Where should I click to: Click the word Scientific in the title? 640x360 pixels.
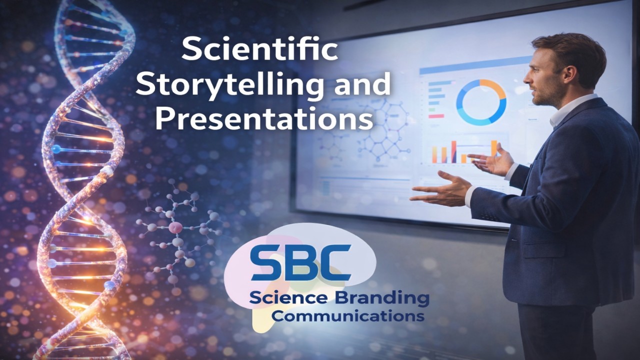point(259,51)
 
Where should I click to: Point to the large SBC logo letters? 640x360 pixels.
point(300,262)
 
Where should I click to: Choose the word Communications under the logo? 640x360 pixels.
point(348,316)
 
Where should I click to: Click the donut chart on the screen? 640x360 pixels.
point(481,102)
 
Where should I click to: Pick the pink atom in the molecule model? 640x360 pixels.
point(175,227)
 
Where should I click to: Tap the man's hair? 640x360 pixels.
point(570,52)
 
